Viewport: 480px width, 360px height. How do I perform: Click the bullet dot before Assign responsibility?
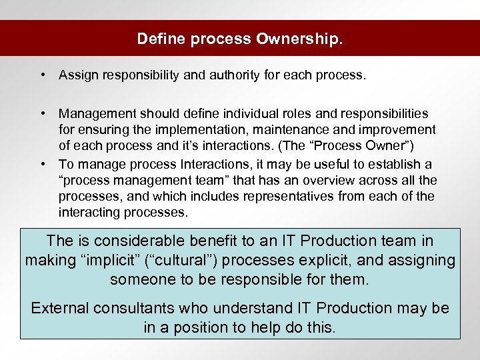point(42,75)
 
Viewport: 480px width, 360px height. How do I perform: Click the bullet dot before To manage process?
point(42,164)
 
